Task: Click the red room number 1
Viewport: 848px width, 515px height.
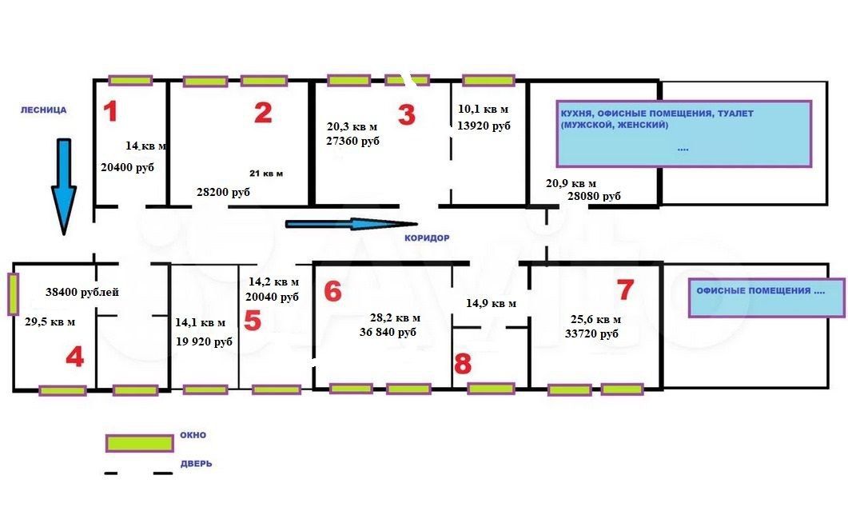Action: pos(110,111)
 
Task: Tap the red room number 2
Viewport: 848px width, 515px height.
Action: pos(264,113)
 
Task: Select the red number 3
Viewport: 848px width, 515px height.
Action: pos(407,114)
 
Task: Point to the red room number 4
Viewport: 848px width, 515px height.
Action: pos(74,357)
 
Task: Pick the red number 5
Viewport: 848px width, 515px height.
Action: pos(253,320)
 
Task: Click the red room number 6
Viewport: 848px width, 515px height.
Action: pos(332,291)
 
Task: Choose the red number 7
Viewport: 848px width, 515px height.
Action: pos(625,289)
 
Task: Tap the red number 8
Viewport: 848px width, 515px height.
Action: pos(463,364)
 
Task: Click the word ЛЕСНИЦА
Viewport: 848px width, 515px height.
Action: pos(43,110)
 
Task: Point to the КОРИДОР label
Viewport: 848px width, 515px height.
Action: pos(427,238)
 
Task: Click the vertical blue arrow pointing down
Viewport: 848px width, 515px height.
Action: pos(64,186)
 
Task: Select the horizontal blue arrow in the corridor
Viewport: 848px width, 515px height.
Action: pos(352,223)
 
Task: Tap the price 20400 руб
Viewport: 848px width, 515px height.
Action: pos(128,168)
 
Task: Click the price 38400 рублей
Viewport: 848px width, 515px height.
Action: pos(82,292)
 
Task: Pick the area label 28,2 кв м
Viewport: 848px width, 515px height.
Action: pos(395,318)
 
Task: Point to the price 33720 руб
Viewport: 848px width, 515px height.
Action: pos(591,333)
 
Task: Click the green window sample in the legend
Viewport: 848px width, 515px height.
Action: pos(140,443)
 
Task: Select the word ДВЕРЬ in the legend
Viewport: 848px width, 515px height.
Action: pos(196,464)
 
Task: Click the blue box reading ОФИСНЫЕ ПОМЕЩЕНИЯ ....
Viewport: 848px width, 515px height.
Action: pos(766,297)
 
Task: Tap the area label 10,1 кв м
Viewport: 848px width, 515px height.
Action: pos(483,109)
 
